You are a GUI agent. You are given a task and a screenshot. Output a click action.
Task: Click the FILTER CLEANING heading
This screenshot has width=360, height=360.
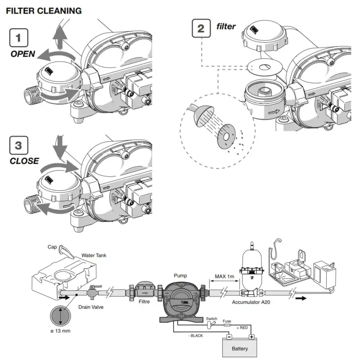pos(44,10)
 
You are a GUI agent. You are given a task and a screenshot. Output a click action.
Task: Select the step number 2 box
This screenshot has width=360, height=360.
pos(201,29)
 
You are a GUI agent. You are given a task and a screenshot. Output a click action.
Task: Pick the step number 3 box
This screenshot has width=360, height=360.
pos(18,145)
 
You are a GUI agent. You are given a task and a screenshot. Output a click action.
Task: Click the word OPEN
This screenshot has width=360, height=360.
pos(23,54)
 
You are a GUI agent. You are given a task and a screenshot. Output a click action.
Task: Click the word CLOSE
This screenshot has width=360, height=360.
pos(25,161)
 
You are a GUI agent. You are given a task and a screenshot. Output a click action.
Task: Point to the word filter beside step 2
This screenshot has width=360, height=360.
pos(226,27)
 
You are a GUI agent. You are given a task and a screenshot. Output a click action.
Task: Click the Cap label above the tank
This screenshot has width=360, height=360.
pos(52,247)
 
